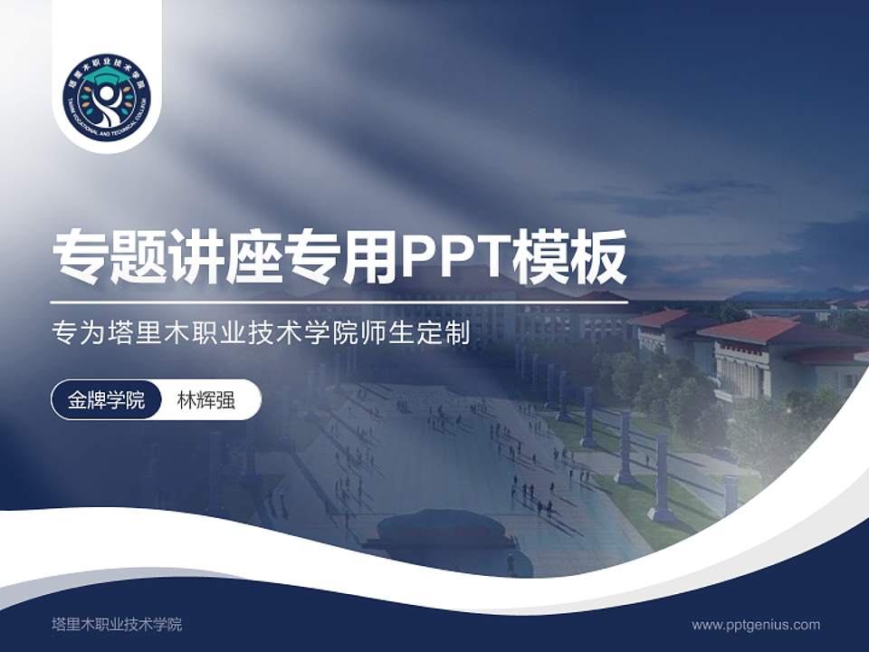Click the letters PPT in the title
454,257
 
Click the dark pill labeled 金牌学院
106,399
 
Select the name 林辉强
205,399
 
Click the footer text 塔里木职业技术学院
117,624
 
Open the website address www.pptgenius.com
756,624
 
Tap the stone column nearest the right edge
730,494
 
